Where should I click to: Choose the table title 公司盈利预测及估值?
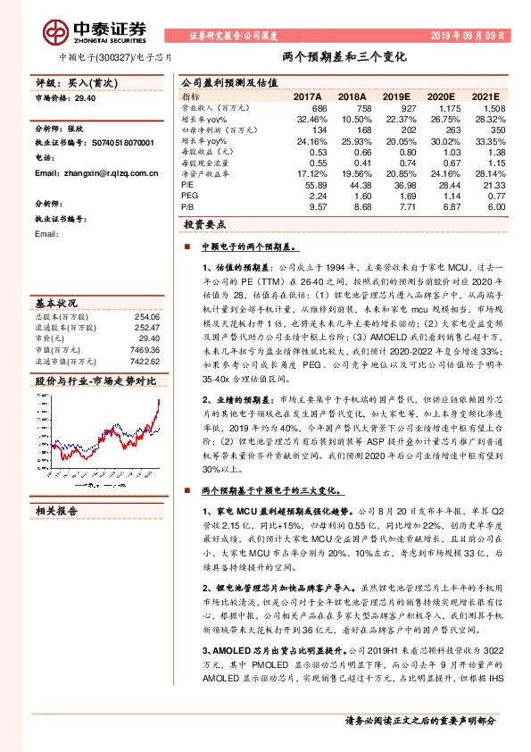point(223,81)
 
